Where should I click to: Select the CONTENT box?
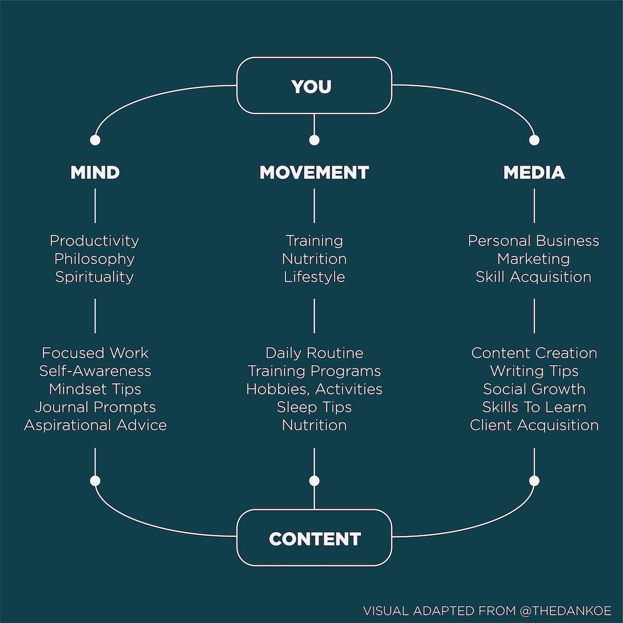[x=314, y=538]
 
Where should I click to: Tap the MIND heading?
[x=95, y=172]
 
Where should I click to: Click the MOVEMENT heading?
[x=314, y=172]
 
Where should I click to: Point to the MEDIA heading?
[x=534, y=172]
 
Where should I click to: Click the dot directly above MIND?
[x=95, y=140]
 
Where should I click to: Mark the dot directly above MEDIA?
[x=534, y=140]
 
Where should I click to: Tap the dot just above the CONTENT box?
[x=314, y=481]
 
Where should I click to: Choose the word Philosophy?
[x=95, y=259]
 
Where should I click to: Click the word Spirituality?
[x=95, y=277]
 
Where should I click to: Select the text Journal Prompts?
[x=95, y=407]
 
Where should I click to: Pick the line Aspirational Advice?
[x=95, y=425]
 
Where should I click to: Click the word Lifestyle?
[x=314, y=277]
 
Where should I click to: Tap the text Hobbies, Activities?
[x=314, y=389]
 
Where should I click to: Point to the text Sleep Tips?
[x=314, y=407]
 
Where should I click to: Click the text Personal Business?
[x=534, y=241]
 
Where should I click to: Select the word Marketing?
[x=534, y=259]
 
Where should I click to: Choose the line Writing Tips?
[x=534, y=371]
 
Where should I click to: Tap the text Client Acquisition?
[x=534, y=425]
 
